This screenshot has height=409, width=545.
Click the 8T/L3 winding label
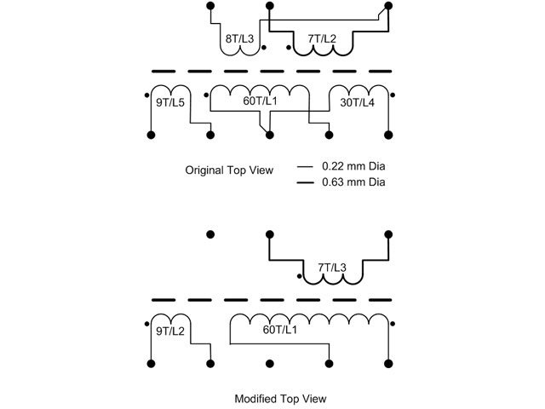pyautogui.click(x=239, y=39)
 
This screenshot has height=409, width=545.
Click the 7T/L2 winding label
pyautogui.click(x=322, y=39)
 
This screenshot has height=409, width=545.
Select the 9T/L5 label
pyautogui.click(x=170, y=102)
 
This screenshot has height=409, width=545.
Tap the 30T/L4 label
pyautogui.click(x=357, y=102)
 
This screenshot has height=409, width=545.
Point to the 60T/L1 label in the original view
pyautogui.click(x=260, y=101)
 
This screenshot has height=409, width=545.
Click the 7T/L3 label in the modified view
pyautogui.click(x=332, y=268)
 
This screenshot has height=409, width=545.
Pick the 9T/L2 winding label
pyautogui.click(x=170, y=331)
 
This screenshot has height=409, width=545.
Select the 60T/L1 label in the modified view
pyautogui.click(x=280, y=330)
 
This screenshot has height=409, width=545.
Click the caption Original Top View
pyautogui.click(x=229, y=170)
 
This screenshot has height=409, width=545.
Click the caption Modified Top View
pyautogui.click(x=280, y=399)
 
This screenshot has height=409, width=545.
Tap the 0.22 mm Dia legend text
pyautogui.click(x=353, y=166)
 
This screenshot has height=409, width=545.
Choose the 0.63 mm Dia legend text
pyautogui.click(x=353, y=181)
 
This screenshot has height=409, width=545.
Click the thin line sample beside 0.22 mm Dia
pyautogui.click(x=305, y=167)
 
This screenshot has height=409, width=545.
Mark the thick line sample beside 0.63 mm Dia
pyautogui.click(x=305, y=182)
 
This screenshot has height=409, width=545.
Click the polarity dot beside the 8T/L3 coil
pyautogui.click(x=264, y=48)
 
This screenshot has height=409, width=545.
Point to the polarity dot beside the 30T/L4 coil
pyautogui.click(x=393, y=95)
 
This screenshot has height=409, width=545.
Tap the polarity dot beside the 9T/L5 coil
pyautogui.click(x=146, y=95)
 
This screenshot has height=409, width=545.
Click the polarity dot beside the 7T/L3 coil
pyautogui.click(x=299, y=276)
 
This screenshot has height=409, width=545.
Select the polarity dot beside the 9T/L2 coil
pyautogui.click(x=146, y=324)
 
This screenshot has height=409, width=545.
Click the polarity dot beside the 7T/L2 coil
pyautogui.click(x=289, y=48)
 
